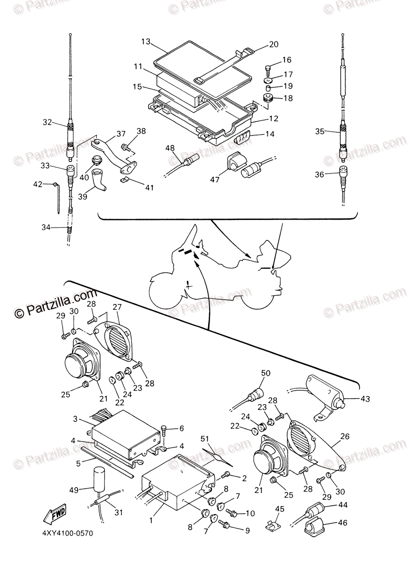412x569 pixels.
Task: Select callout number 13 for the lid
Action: point(145,42)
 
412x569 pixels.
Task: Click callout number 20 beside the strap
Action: point(274,44)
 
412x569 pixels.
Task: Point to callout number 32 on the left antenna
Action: point(46,122)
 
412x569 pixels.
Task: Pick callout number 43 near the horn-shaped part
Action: point(365,399)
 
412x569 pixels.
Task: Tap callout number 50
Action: point(266,373)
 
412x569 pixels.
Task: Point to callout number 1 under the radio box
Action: point(151,520)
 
